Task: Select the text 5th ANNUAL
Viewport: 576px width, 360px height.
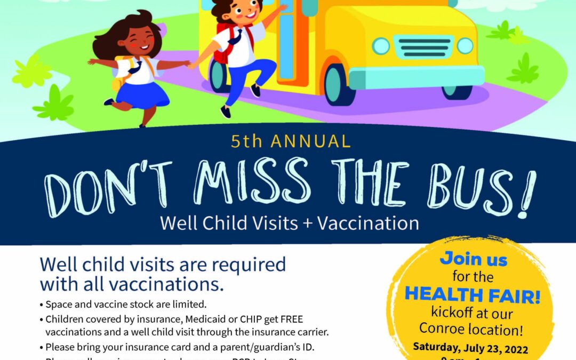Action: point(291,141)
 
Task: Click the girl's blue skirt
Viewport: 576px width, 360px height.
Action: point(137,94)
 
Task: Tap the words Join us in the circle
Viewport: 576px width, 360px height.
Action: point(474,260)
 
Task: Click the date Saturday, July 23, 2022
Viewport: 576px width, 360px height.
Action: point(470,348)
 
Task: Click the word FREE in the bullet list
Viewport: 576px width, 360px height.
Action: point(288,319)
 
